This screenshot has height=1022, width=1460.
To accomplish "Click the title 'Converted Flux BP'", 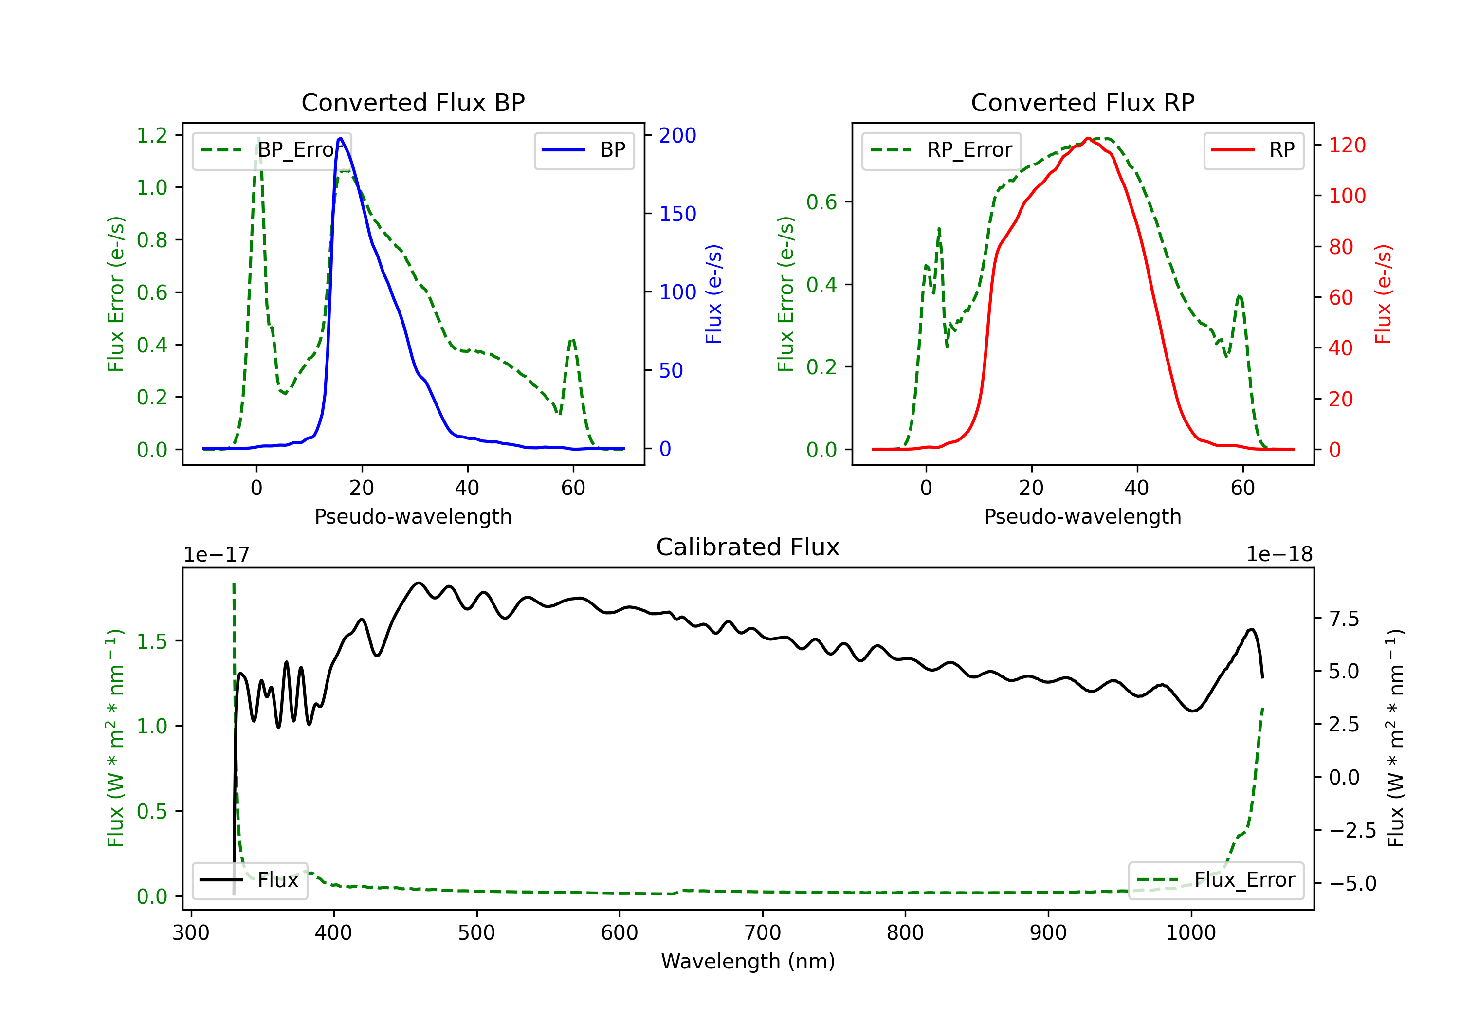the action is [x=413, y=102].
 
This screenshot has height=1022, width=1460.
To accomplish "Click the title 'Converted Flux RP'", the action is [x=1082, y=102].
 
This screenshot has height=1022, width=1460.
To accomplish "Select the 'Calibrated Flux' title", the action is [x=748, y=547].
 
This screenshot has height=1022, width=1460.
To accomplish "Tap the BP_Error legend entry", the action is [x=272, y=150].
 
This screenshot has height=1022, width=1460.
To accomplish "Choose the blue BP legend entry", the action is [x=584, y=150].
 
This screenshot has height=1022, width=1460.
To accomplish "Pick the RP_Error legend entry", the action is [x=941, y=150].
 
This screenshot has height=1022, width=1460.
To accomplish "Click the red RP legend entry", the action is [x=1253, y=150].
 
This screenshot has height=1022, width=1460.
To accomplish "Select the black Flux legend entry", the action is [x=249, y=880].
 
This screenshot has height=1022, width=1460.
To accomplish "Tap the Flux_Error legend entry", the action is [x=1215, y=880].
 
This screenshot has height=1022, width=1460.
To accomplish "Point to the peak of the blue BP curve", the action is [x=341, y=138].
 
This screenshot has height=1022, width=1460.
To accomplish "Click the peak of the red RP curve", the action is [x=1088, y=138].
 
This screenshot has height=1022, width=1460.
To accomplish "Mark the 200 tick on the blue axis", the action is [x=677, y=135].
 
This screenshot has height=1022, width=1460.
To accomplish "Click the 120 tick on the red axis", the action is [x=1348, y=146].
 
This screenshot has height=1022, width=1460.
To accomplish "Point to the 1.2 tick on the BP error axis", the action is [x=152, y=135].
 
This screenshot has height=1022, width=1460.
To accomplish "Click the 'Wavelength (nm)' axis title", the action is [x=748, y=962].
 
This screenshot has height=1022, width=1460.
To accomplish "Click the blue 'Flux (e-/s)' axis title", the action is [x=713, y=294].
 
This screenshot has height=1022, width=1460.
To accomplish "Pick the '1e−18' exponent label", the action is [x=1279, y=555].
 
